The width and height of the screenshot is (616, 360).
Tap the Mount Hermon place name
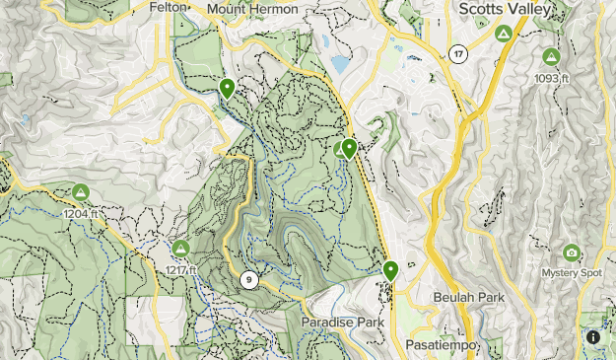point(255,8)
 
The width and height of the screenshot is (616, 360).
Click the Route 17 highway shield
point(456,53)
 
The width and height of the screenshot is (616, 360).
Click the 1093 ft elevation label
point(551,79)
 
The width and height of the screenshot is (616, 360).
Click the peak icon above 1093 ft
point(551,57)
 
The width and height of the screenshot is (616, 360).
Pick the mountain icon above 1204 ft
point(81,192)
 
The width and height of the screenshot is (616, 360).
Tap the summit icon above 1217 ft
point(180,249)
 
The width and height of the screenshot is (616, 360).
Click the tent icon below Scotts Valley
point(504,34)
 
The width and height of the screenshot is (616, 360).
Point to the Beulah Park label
point(463,296)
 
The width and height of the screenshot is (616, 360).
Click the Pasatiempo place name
point(442,344)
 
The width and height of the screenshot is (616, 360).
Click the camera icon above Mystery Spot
point(571,252)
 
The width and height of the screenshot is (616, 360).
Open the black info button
point(594,337)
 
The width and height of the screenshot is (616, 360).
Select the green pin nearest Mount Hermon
point(227,88)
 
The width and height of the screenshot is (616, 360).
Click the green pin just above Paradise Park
point(391,269)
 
